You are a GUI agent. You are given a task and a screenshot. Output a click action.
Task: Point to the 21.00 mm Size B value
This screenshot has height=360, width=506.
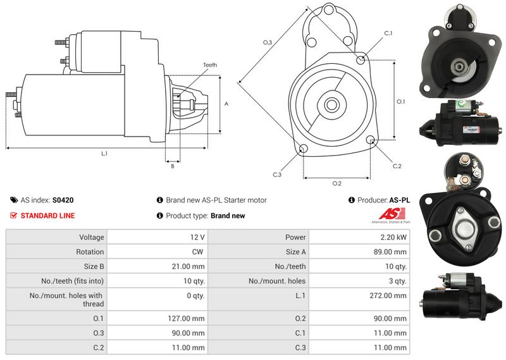click(x=189, y=266)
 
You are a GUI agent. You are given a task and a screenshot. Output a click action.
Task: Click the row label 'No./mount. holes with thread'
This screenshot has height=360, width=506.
click(x=66, y=299)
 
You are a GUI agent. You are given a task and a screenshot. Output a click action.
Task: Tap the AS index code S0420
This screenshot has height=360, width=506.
click(x=63, y=200)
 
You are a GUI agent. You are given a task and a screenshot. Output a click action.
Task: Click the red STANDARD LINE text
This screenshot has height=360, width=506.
click(x=47, y=216)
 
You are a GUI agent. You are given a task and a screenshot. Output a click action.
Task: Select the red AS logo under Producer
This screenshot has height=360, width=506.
click(x=395, y=214)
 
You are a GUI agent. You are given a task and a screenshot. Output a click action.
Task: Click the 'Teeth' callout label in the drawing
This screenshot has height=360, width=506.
click(x=210, y=65)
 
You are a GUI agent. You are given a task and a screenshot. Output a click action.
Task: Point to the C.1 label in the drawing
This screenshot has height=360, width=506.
click(x=388, y=33)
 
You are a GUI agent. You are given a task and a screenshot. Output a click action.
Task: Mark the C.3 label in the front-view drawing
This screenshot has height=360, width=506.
click(x=277, y=174)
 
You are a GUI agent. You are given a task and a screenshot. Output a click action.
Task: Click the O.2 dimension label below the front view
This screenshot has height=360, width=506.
click(x=336, y=183)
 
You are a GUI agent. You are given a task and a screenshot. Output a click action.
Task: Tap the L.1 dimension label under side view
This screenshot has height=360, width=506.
click(x=104, y=154)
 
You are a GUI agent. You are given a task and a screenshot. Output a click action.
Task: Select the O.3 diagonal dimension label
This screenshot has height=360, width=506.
click(x=267, y=42)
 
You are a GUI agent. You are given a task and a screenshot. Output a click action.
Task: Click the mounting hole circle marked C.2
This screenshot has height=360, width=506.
click(x=371, y=140)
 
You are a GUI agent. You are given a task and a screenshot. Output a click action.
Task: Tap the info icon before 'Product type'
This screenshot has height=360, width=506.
click(x=160, y=216)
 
